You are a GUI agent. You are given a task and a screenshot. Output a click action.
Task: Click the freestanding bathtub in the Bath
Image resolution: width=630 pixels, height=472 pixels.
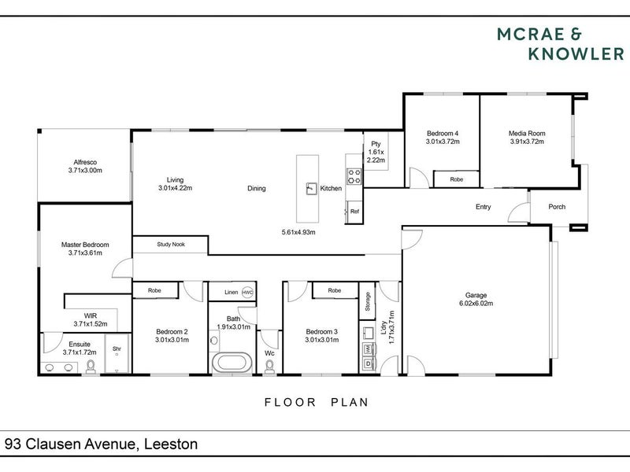click(232, 364)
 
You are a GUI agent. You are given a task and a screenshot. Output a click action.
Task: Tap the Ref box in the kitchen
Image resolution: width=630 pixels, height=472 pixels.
click(354, 212)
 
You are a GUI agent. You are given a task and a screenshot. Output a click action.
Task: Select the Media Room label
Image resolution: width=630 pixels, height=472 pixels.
click(527, 134)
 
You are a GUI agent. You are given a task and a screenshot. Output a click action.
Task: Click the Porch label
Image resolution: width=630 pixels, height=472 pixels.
click(558, 207)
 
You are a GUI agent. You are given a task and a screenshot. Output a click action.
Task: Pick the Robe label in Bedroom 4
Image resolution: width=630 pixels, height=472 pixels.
click(456, 179)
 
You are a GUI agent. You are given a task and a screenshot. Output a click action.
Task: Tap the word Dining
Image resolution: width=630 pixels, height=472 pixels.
click(256, 189)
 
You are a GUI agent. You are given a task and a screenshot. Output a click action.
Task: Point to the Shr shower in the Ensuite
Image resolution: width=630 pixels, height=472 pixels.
click(117, 349)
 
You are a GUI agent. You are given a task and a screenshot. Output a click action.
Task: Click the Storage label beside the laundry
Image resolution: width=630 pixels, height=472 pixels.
click(367, 301)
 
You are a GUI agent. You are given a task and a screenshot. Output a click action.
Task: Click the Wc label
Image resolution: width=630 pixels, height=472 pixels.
click(269, 353)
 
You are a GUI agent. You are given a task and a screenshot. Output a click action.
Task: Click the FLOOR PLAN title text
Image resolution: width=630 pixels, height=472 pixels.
click(316, 402)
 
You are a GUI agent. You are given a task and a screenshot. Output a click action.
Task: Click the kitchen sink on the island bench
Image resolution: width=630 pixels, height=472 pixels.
click(311, 189)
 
